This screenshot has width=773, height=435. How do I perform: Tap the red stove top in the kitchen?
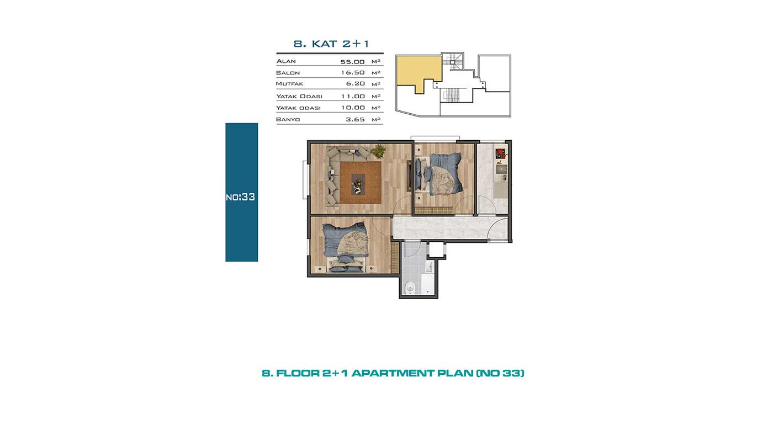pyautogui.click(x=500, y=153)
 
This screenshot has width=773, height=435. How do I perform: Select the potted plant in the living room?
pyautogui.click(x=379, y=151)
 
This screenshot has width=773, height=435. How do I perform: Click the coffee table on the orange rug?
pyautogui.click(x=358, y=184)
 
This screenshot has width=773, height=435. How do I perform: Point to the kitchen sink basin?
pyautogui.click(x=501, y=169)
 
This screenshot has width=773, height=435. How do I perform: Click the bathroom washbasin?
pyautogui.click(x=430, y=267)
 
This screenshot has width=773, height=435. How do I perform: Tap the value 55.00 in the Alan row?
pyautogui.click(x=352, y=62)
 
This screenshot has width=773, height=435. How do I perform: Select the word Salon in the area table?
pyautogui.click(x=288, y=73)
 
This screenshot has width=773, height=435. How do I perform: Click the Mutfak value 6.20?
pyautogui.click(x=356, y=83)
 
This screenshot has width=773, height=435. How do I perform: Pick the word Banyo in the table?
pyautogui.click(x=288, y=119)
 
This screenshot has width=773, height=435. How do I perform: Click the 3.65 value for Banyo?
pyautogui.click(x=356, y=119)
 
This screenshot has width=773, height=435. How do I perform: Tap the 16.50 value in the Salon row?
pyautogui.click(x=353, y=72)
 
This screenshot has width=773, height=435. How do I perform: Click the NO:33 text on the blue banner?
pyautogui.click(x=240, y=197)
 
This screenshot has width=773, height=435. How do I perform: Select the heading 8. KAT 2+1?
pyautogui.click(x=331, y=44)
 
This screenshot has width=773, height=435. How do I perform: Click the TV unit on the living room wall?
pyautogui.click(x=409, y=175)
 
